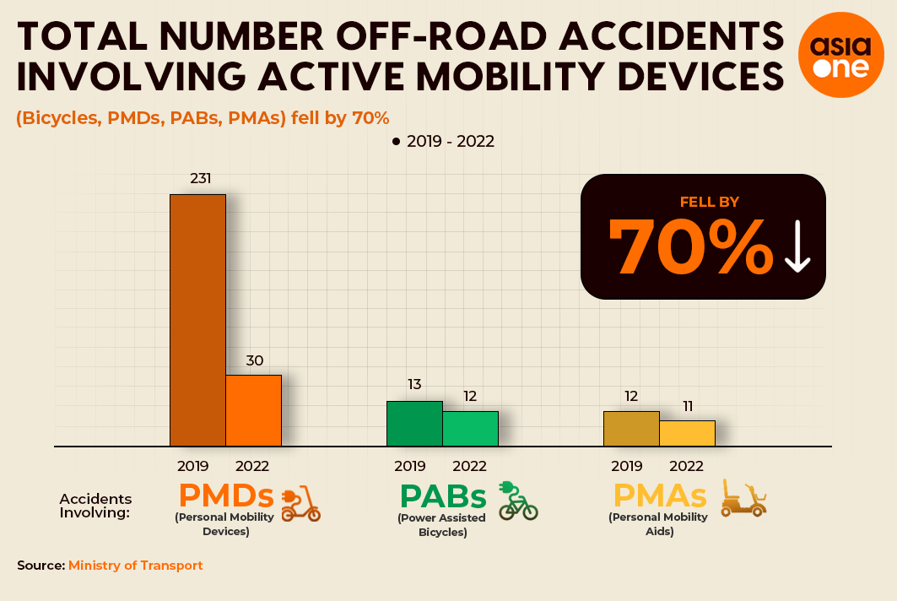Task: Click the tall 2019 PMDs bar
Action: [x=198, y=320]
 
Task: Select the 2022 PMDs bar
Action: [x=253, y=410]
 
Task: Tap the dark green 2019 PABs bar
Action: [x=415, y=424]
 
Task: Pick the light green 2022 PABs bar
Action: [x=470, y=429]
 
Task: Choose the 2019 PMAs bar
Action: [x=631, y=429]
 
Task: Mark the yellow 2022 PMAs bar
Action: [x=687, y=433]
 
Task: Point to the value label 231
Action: [x=201, y=179]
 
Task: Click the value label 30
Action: [x=255, y=360]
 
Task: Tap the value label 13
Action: [x=415, y=384]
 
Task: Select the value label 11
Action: [x=688, y=406]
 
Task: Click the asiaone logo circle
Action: [x=841, y=55]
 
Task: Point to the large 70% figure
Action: [x=691, y=246]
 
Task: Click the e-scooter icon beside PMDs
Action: [x=301, y=504]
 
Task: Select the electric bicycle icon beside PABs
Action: [x=518, y=501]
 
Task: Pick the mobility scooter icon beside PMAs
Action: [x=743, y=499]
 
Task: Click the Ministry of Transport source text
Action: [x=136, y=566]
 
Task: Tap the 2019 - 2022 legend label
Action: [x=451, y=141]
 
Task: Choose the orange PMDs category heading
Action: [x=226, y=495]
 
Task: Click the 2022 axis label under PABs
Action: [x=470, y=467]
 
